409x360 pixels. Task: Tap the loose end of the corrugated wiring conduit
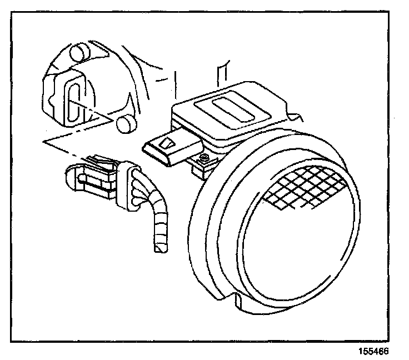(159, 248)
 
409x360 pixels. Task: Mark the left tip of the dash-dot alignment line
(44, 142)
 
